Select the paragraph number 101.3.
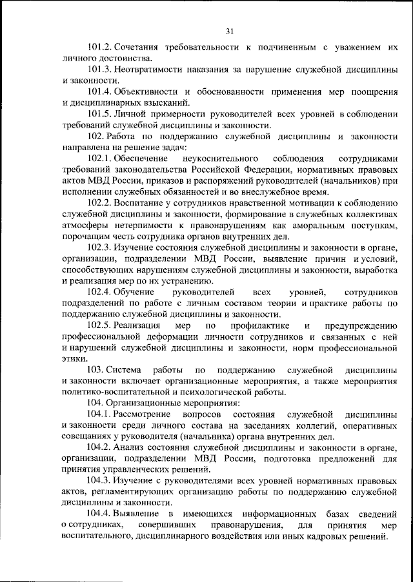coord(101,70)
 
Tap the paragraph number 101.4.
coord(101,92)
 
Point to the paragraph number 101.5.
coord(101,114)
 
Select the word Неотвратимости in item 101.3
coord(152,70)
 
